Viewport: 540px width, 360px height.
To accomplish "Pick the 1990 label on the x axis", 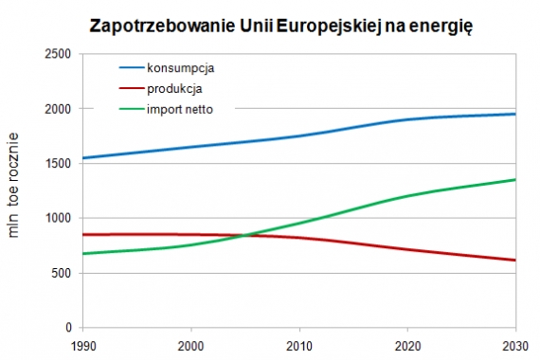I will [x=82, y=344].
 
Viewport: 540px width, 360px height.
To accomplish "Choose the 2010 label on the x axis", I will [x=299, y=344].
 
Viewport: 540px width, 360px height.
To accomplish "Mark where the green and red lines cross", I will [x=244, y=235].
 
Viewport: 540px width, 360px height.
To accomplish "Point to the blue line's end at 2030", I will [x=515, y=115].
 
